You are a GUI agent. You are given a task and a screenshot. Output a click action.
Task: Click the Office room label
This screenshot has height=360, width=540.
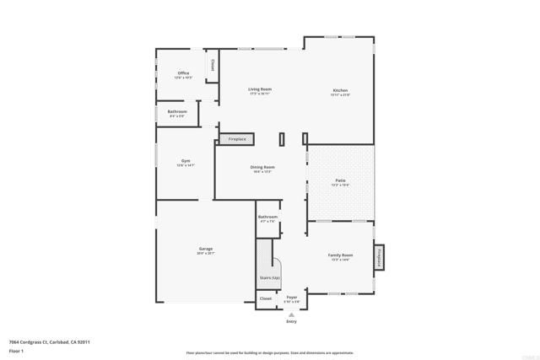[x=183, y=74]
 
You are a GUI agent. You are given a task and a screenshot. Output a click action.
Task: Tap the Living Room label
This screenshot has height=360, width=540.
[x=260, y=90]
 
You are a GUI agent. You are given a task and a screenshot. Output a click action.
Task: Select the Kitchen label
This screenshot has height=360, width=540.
[x=340, y=91]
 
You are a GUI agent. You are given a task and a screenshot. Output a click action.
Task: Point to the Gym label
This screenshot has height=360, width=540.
[x=186, y=161]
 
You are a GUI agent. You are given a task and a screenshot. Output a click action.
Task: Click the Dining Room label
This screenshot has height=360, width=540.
[x=262, y=168]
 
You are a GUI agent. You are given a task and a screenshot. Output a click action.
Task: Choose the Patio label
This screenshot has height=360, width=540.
[x=341, y=180]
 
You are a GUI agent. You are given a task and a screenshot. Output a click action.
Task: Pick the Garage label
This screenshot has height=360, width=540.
[x=205, y=249]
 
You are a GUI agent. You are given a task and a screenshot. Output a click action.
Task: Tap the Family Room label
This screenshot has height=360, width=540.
[x=341, y=255]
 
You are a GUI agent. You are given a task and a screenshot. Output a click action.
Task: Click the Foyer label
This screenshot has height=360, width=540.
[x=292, y=298]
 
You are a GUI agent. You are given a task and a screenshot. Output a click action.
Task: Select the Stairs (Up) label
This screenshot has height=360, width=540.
[x=269, y=278]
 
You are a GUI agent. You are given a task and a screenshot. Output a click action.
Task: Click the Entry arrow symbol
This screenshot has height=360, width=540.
[x=292, y=314]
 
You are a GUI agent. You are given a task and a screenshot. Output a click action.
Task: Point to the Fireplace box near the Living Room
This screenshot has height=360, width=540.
[x=237, y=138]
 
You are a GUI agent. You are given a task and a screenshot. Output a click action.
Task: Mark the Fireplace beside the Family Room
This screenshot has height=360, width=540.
[x=380, y=257]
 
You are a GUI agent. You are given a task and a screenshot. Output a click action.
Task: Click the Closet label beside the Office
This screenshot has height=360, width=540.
[x=213, y=65]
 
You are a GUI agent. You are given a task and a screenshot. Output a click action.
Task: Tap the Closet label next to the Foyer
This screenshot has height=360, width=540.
[x=266, y=298]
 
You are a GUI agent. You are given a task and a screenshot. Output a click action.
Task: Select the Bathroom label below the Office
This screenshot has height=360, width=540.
[x=177, y=112]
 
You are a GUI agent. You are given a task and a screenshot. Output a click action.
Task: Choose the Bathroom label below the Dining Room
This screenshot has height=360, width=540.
[x=267, y=218]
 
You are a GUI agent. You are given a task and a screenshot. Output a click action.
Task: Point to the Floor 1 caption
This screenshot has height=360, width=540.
[x=17, y=349]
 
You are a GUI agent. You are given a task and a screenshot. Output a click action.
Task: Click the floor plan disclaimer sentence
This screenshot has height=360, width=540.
[x=270, y=352]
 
